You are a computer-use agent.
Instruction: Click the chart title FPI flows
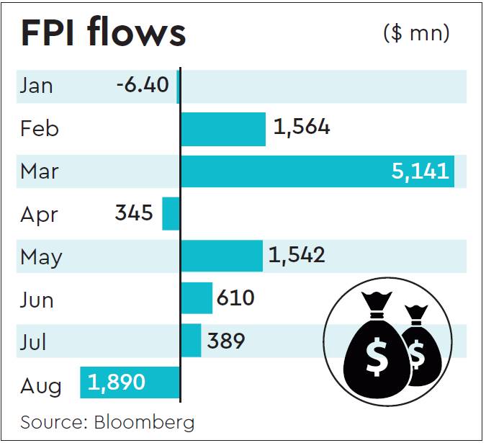[x=103, y=33]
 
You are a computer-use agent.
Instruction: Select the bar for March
[x=317, y=171]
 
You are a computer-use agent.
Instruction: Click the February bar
[x=223, y=129]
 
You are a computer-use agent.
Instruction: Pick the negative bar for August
[x=130, y=382]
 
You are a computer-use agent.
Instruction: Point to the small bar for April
[x=171, y=214]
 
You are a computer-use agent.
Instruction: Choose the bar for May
[x=222, y=256]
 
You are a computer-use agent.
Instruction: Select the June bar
[x=197, y=298]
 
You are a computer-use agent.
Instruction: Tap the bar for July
[x=191, y=341]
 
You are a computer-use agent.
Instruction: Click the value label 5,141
[x=420, y=171]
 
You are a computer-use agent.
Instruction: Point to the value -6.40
[x=143, y=86]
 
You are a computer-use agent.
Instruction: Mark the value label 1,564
[x=302, y=128]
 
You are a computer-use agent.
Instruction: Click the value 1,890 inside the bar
[x=117, y=382]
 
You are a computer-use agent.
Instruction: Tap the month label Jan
[x=37, y=86]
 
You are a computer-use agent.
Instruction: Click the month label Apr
[x=38, y=215]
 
